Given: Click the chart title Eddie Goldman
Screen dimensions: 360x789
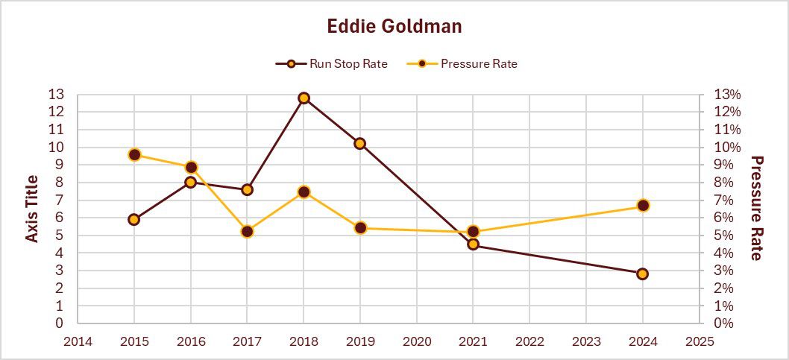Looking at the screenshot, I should click(394, 27).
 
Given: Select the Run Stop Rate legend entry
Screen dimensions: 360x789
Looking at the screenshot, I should click(332, 63).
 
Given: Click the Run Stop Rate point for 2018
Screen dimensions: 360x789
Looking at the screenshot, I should click(304, 98).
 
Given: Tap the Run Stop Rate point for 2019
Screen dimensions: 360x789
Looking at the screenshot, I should click(360, 143).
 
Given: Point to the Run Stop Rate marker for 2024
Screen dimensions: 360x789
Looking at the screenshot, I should click(643, 274).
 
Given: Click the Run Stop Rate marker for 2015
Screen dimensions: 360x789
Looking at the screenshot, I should click(134, 219).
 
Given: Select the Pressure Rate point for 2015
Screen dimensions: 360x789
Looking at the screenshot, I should click(134, 155).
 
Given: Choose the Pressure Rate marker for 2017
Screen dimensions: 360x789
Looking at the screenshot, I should click(248, 232).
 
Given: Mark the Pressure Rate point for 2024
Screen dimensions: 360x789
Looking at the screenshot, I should click(643, 206).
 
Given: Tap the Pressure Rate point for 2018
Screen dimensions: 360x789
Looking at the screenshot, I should click(304, 192).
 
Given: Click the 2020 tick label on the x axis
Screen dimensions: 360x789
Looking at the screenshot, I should click(417, 341).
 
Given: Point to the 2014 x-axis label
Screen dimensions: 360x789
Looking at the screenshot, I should click(78, 341).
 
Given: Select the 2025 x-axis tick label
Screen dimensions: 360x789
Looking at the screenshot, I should click(699, 341).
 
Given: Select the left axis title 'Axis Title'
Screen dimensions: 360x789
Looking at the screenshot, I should click(32, 209).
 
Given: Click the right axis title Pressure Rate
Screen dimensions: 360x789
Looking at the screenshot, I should click(756, 209).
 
